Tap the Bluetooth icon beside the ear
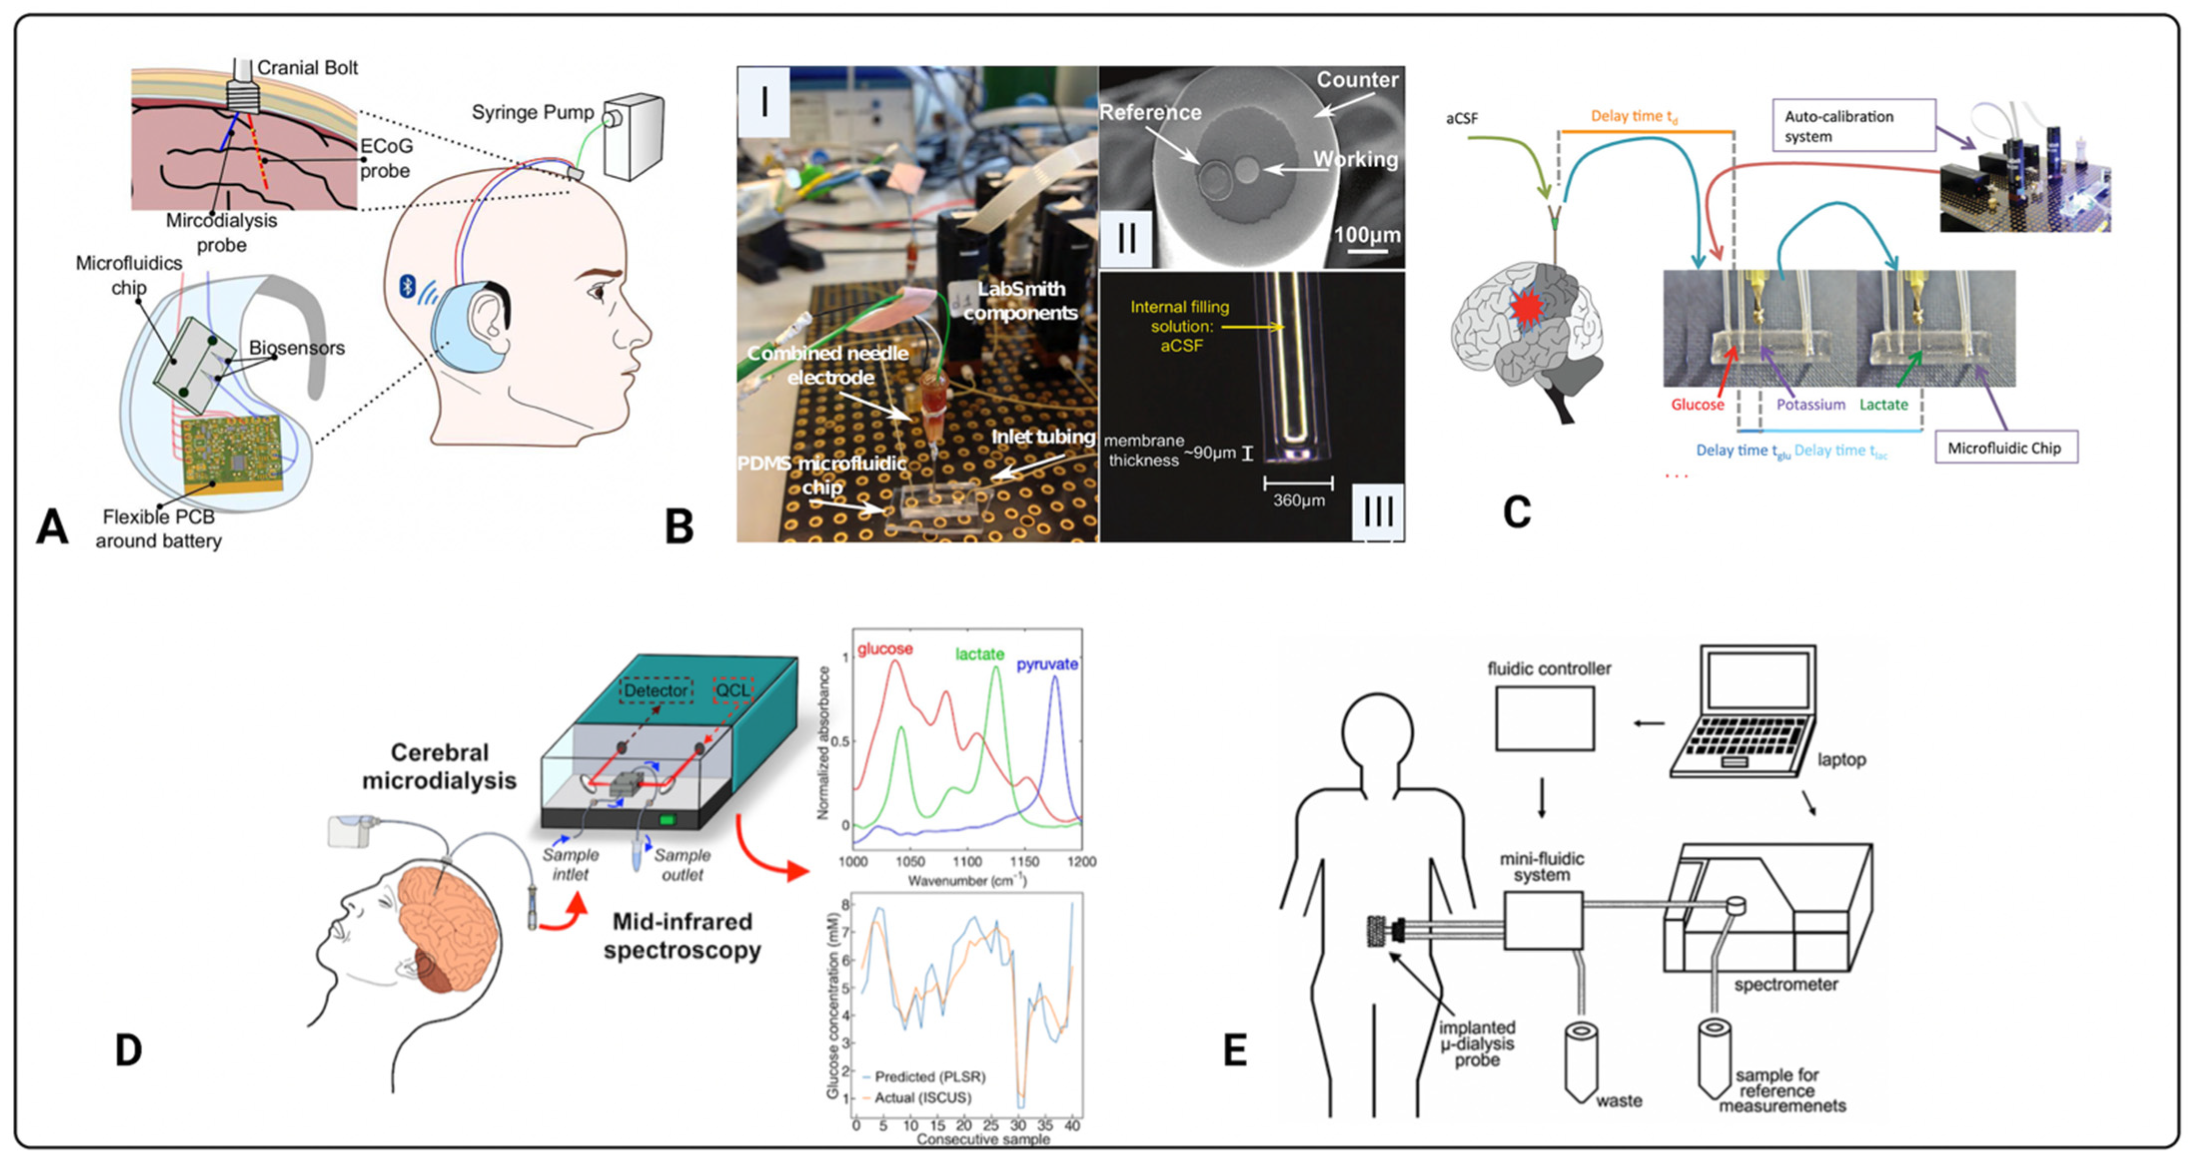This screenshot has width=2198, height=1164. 407,287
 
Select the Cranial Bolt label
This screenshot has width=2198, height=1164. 307,67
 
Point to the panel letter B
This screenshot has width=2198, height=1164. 679,526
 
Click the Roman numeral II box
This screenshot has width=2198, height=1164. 1126,237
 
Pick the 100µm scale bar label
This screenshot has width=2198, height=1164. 1366,235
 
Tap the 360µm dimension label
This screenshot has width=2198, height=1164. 1299,500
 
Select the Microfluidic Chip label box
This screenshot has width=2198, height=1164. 2004,448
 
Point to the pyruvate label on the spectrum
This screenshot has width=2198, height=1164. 1047,664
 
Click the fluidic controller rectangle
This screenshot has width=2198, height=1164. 1545,718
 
